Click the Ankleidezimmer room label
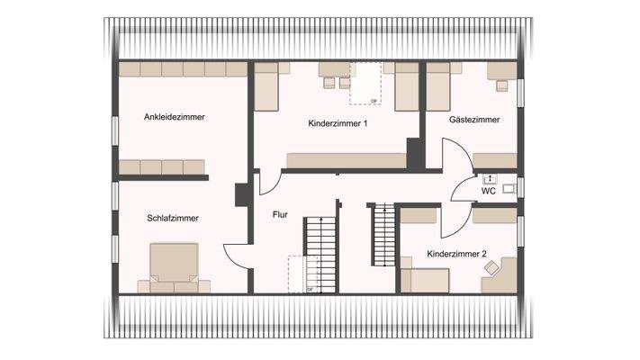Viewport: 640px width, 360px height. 175,117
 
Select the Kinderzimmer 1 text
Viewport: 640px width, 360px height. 338,123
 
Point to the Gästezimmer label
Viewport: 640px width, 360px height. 474,120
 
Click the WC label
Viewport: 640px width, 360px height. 489,192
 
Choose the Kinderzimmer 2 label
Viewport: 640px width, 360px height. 456,255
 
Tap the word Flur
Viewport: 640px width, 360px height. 281,215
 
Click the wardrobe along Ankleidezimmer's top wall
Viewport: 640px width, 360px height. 183,68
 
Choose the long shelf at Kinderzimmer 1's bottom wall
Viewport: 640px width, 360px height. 347,160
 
